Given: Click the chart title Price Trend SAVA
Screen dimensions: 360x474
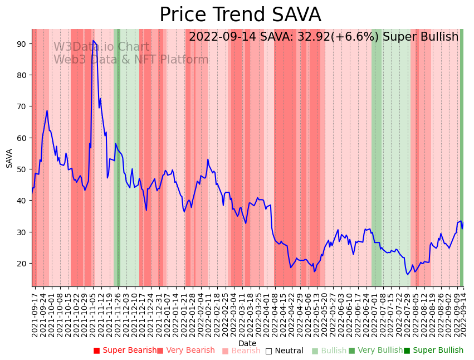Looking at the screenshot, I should (240, 15).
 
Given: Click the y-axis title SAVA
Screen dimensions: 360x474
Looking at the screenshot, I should (9, 158).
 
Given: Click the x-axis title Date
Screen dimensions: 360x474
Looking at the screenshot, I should (247, 343).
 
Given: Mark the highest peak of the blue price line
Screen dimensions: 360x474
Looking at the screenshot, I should (93, 41).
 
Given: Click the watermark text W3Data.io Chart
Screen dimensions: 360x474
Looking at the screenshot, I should (101, 47).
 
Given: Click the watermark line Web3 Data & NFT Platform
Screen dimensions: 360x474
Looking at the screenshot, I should (131, 60).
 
